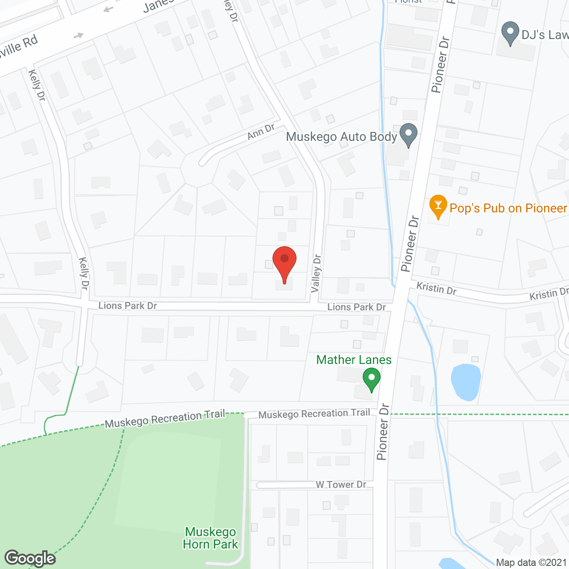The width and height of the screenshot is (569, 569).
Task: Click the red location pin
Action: click(x=284, y=262)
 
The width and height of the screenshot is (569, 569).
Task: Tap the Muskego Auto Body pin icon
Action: click(x=408, y=135)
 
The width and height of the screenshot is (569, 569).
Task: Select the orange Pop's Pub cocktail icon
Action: click(x=438, y=207)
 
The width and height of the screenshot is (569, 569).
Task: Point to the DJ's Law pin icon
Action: click(x=510, y=33)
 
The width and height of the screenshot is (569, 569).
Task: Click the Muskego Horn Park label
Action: click(x=211, y=538)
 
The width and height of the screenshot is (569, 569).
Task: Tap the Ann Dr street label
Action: click(x=261, y=132)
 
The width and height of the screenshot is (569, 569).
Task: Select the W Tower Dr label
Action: click(x=341, y=485)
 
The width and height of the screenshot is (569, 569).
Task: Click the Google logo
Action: click(x=30, y=558)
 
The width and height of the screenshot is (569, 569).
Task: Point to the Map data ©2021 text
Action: click(x=532, y=563)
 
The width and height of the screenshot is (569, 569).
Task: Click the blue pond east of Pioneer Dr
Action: click(x=465, y=382)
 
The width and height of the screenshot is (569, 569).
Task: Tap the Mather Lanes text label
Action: click(x=354, y=360)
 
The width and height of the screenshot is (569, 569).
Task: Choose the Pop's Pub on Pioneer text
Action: click(x=509, y=208)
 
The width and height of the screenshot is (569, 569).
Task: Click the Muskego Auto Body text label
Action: click(x=341, y=136)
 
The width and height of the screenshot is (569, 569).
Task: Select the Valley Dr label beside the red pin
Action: click(x=316, y=273)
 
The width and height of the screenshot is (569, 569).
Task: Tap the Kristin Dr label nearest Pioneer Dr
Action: click(x=436, y=289)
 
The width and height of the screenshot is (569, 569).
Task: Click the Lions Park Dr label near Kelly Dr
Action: click(x=128, y=305)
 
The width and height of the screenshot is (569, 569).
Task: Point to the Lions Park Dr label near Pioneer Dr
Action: click(x=357, y=307)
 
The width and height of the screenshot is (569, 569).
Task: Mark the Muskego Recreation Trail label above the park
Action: click(x=165, y=419)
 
